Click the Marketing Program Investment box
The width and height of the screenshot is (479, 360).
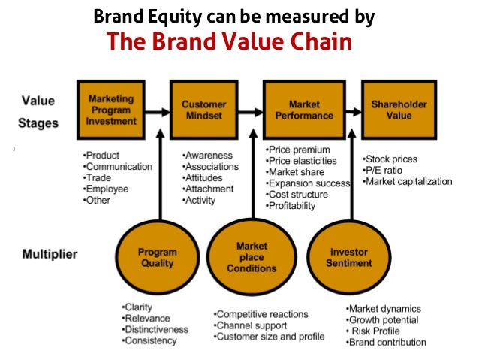pyautogui.click(x=111, y=109)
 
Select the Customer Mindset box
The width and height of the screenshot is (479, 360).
pyautogui.click(x=203, y=109)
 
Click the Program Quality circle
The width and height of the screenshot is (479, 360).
pyautogui.click(x=158, y=257)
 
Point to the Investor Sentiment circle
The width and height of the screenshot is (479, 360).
pyautogui.click(x=349, y=257)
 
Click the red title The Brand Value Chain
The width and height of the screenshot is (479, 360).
pyautogui.click(x=229, y=41)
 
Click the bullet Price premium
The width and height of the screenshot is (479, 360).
pyautogui.click(x=301, y=150)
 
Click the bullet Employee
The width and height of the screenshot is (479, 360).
pyautogui.click(x=108, y=189)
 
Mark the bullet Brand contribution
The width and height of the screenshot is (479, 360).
pyautogui.click(x=386, y=343)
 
